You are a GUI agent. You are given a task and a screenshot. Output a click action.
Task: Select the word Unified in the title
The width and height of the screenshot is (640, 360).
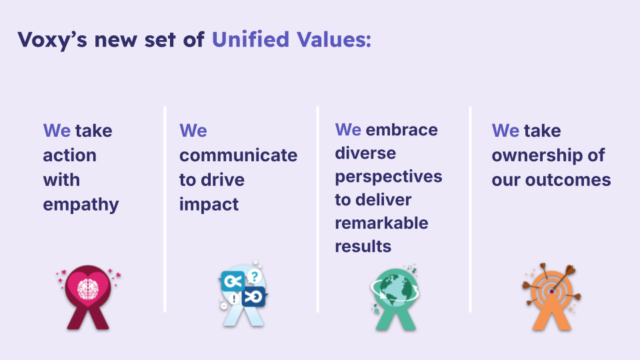click(251, 39)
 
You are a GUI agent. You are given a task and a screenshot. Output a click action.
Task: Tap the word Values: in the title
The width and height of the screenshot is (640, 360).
click(334, 39)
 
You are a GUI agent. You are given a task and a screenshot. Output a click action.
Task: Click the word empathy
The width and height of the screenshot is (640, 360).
click(81, 205)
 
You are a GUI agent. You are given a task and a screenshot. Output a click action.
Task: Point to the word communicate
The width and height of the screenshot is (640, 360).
click(239, 155)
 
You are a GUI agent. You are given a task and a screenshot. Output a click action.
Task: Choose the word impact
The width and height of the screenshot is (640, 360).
click(209, 205)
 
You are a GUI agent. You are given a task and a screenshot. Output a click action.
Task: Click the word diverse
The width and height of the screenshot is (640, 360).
click(365, 153)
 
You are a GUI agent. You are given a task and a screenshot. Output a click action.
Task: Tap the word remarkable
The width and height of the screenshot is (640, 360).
click(381, 223)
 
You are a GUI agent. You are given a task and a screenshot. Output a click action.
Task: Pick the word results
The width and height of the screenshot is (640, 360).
click(363, 247)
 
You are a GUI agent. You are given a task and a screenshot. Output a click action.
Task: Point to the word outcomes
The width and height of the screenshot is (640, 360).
click(568, 180)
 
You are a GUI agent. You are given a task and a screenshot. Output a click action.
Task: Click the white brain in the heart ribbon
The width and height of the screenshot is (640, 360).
click(88, 289)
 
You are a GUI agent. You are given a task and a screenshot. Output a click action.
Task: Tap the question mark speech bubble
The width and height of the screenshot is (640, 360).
click(254, 277)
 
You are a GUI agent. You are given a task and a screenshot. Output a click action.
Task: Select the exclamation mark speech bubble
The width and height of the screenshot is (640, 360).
click(234, 299)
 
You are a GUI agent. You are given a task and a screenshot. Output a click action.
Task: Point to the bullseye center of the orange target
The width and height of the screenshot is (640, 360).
click(552, 291)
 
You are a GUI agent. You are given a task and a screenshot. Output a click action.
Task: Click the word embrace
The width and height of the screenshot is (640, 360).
click(401, 130)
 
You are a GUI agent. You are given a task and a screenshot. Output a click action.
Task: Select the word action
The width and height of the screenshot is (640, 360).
click(70, 155)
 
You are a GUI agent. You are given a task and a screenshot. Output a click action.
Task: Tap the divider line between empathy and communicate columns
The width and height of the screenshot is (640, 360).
click(165, 209)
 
